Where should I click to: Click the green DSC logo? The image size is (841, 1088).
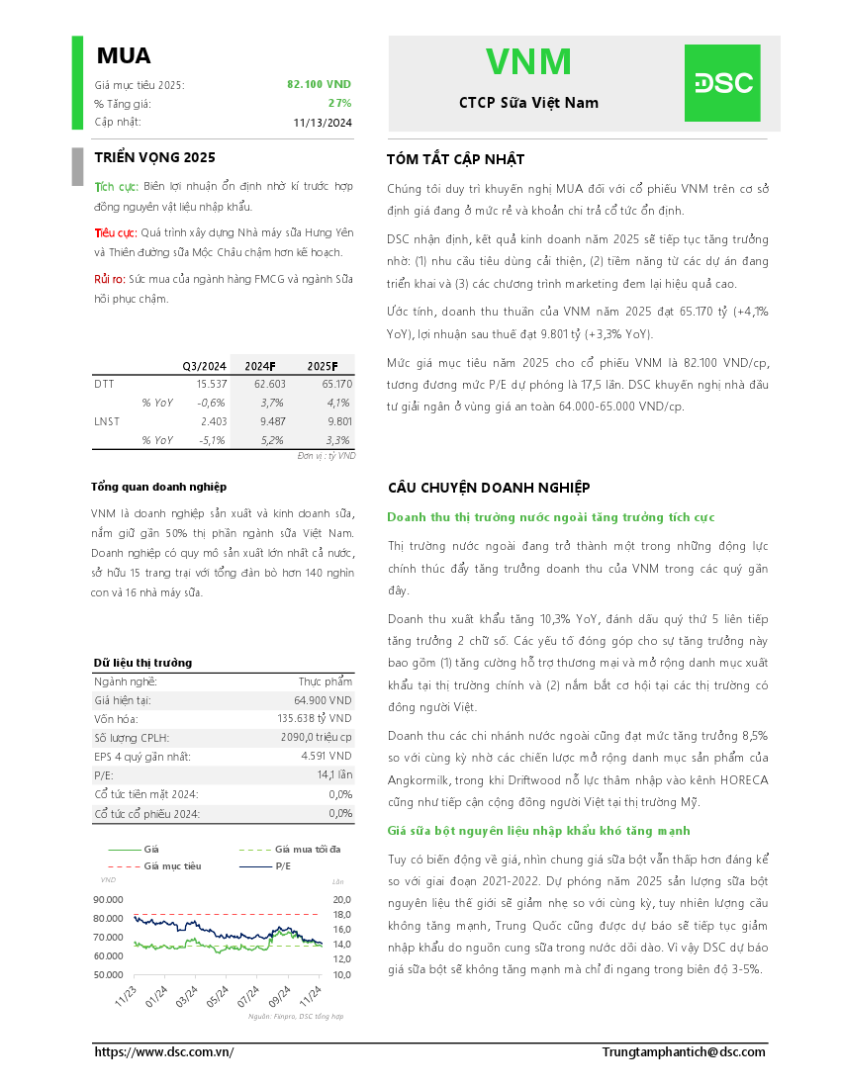(x=722, y=83)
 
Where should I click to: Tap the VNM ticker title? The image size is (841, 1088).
(x=528, y=62)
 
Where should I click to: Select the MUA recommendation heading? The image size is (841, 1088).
(x=124, y=55)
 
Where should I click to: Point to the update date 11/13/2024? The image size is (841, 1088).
(x=323, y=123)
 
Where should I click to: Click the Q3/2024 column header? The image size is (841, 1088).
(x=204, y=365)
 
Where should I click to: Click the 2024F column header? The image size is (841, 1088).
(x=260, y=365)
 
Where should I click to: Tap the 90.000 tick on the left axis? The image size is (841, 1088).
(x=108, y=900)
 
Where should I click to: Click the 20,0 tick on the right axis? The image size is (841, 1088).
(x=341, y=900)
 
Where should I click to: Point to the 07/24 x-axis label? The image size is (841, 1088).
(x=247, y=993)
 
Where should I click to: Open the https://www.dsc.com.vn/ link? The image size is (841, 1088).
(x=164, y=1052)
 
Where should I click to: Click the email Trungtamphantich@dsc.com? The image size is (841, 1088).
(x=684, y=1052)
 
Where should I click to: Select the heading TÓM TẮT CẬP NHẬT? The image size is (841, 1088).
(x=456, y=159)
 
